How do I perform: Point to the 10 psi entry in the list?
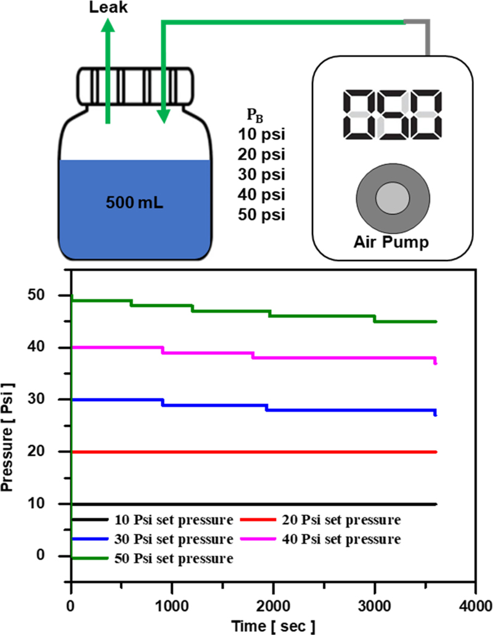pyautogui.click(x=262, y=134)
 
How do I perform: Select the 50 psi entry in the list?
pyautogui.click(x=262, y=215)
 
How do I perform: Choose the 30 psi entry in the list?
pyautogui.click(x=262, y=175)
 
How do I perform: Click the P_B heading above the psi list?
pyautogui.click(x=253, y=115)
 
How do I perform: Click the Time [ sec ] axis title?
pyautogui.click(x=273, y=626)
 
